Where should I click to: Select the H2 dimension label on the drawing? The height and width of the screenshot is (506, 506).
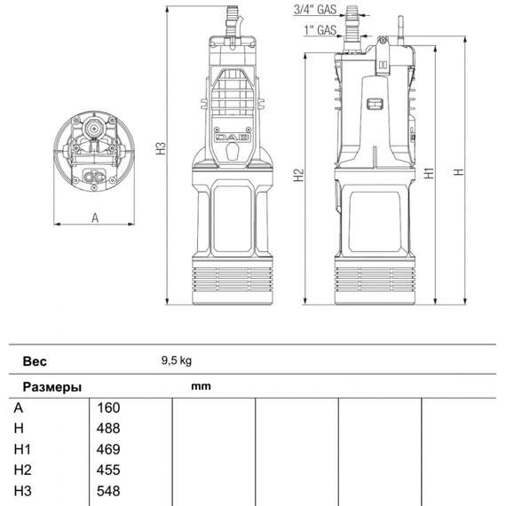coord(299,174)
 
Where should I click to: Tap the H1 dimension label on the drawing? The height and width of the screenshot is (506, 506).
coord(429,174)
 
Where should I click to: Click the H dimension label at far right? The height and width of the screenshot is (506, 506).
coord(459,174)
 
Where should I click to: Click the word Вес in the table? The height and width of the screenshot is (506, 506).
coord(35,362)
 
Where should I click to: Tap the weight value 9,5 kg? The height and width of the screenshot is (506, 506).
coord(177,361)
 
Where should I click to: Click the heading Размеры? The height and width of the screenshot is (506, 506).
coord(52,388)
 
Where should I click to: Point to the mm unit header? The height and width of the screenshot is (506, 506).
coord(201,387)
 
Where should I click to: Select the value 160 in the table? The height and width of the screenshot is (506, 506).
coord(107,408)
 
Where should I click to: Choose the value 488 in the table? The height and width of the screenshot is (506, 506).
coord(107,429)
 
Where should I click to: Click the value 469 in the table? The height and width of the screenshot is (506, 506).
coord(107,449)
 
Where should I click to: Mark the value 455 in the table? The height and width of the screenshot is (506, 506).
coord(107,470)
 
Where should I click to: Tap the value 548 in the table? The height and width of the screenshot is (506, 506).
coord(107,491)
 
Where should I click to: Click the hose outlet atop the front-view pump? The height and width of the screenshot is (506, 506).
coord(234,17)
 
